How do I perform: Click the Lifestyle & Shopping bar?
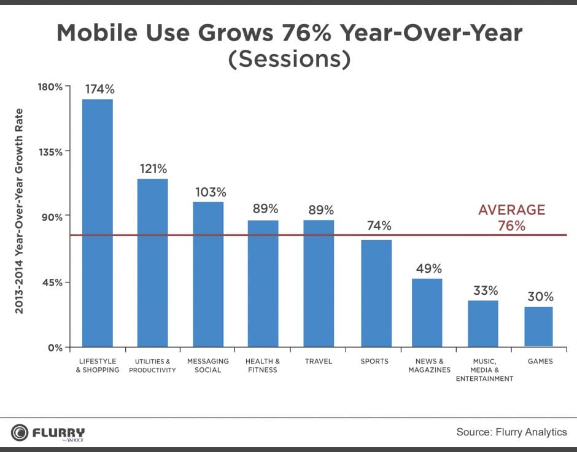98,222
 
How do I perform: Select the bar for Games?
538,326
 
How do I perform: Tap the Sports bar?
376,293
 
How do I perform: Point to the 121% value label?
152,168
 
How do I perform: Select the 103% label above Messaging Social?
211,192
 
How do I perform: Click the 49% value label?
428,268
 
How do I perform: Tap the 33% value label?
485,290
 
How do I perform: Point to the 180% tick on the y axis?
52,87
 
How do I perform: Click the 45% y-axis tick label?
53,282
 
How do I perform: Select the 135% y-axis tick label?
52,152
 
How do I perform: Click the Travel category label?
318,361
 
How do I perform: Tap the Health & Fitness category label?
262,365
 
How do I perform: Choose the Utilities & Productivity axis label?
152,365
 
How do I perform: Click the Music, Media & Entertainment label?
484,370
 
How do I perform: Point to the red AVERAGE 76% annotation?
511,217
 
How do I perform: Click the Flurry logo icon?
20,432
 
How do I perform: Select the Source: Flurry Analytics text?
511,432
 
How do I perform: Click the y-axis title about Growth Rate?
19,211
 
